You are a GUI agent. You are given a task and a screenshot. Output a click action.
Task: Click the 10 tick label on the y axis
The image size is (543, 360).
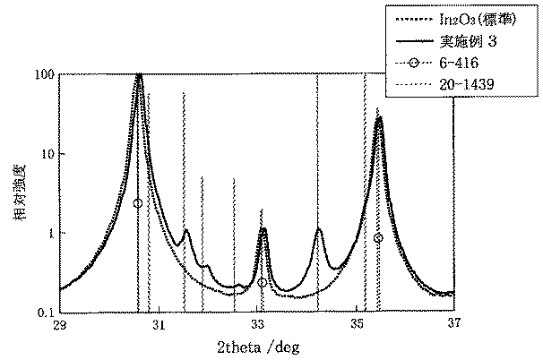(46, 153)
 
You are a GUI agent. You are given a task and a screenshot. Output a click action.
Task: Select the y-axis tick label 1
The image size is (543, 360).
(50, 233)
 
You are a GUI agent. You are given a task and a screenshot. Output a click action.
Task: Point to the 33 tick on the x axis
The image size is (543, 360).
(258, 324)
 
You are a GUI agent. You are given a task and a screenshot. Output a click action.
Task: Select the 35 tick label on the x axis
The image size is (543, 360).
(357, 324)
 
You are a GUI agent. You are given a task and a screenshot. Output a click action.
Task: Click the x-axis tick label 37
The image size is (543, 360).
(453, 324)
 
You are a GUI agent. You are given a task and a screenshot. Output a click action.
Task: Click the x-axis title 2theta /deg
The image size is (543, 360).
(257, 347)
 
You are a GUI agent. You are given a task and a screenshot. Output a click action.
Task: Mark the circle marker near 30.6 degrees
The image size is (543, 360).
(137, 203)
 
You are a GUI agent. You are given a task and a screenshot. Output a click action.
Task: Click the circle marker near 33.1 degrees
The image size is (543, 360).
(262, 282)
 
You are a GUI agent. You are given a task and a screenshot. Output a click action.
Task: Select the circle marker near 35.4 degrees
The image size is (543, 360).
(378, 238)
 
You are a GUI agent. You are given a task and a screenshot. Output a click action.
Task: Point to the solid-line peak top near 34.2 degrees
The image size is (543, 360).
(318, 230)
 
